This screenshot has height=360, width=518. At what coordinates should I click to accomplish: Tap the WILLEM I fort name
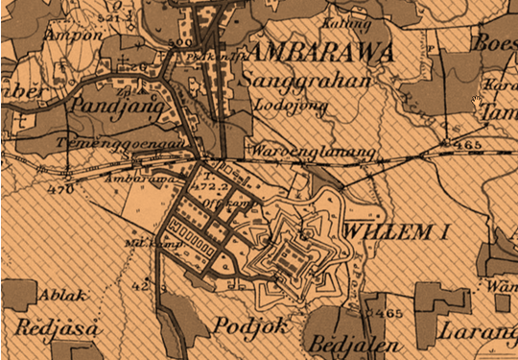395,231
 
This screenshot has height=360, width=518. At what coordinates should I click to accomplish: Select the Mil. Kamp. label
140,243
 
